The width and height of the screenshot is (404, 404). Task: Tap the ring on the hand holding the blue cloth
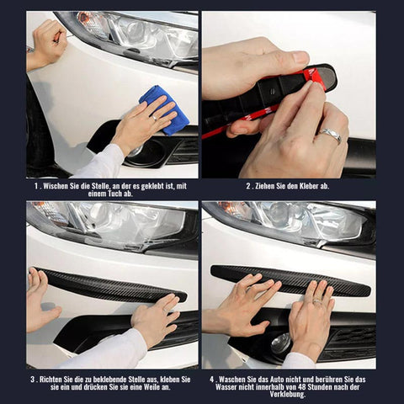coord(155,118)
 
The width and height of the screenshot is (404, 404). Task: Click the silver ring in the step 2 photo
coord(330,135)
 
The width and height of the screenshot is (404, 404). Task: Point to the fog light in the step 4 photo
coord(280,344)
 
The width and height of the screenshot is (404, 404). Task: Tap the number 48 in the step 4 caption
coord(300,387)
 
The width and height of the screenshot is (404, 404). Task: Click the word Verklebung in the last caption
coord(288,395)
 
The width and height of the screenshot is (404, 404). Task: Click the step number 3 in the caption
coord(33,380)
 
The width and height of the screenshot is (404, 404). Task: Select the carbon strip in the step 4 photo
coord(290,280)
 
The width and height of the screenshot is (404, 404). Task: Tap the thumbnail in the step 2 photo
coord(300,57)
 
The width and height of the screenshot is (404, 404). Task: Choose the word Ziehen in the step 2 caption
coord(265,186)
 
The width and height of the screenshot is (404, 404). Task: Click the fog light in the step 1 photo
coord(138,151)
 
